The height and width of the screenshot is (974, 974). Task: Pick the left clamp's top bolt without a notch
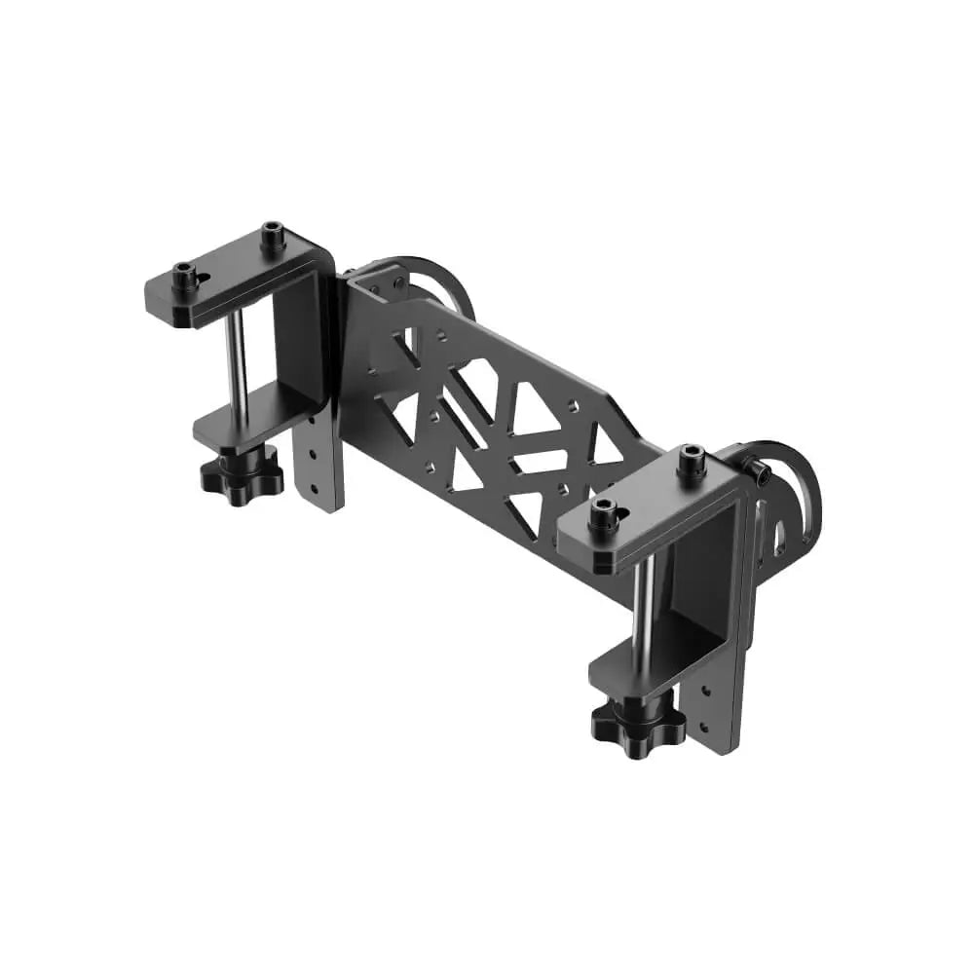click(x=273, y=235)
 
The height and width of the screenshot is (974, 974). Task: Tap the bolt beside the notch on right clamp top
click(x=604, y=514)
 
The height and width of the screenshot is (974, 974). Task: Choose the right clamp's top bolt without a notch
click(x=693, y=460)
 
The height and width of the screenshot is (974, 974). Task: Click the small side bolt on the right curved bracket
click(x=760, y=473)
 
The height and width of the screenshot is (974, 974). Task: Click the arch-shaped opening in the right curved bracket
click(x=778, y=534)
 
